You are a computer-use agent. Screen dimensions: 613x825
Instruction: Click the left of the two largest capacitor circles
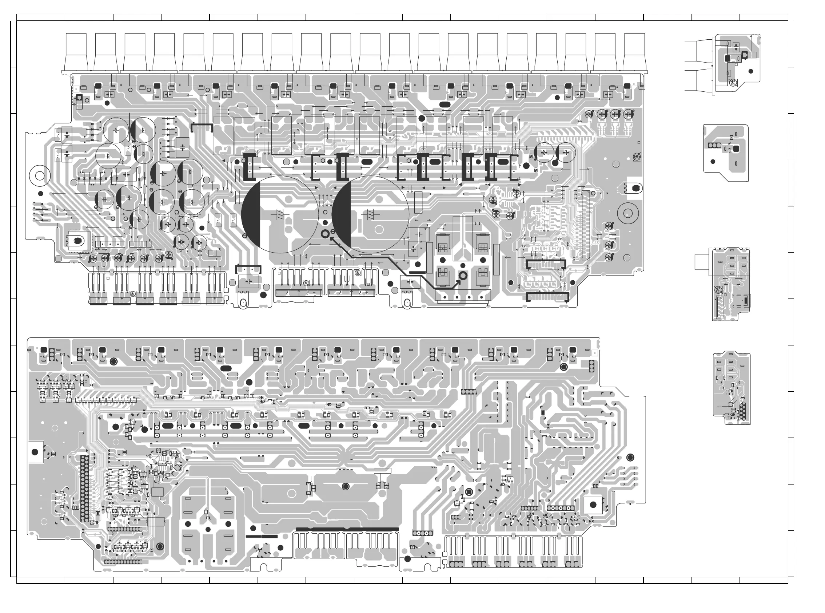280,214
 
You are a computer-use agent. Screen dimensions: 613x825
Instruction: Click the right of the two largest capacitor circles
370,214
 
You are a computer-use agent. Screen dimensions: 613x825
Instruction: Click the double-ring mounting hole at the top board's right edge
628,213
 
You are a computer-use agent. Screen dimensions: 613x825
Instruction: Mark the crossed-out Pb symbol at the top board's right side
637,157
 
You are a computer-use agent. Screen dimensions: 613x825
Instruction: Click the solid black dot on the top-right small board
751,71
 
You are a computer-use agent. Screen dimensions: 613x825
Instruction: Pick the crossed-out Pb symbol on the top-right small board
733,83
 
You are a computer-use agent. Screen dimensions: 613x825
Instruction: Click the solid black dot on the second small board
712,161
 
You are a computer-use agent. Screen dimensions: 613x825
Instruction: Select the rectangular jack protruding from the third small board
702,262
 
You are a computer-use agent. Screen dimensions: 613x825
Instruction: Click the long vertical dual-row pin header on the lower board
84,488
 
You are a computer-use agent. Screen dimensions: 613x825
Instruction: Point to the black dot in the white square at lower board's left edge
35,452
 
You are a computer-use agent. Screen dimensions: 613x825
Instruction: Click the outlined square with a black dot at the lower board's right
593,505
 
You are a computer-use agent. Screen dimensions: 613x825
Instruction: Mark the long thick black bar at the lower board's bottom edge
347,530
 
